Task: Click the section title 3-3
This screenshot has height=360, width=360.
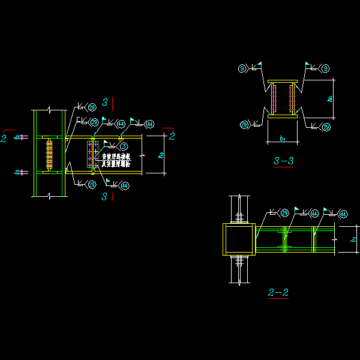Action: (x=283, y=161)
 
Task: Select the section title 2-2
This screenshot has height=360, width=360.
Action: (x=278, y=293)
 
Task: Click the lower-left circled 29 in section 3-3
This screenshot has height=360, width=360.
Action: (x=244, y=125)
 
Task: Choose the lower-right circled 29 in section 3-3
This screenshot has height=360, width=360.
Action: (x=326, y=127)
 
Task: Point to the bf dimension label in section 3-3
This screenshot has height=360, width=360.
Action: (x=282, y=139)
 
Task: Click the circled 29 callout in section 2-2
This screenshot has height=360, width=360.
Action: (x=284, y=213)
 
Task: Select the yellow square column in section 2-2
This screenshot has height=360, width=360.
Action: (x=239, y=239)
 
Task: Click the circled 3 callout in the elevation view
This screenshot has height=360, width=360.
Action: (x=122, y=146)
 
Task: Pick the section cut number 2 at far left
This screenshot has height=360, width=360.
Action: (x=4, y=139)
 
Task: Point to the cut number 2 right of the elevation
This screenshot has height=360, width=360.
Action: (x=172, y=136)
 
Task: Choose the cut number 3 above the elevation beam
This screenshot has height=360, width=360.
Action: (x=104, y=102)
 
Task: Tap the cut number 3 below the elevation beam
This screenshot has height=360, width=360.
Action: (x=104, y=196)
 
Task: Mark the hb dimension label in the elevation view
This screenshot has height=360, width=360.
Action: (x=160, y=156)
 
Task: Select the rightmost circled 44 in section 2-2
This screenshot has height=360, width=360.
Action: (x=343, y=214)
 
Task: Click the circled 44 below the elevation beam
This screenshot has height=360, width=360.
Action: (x=125, y=186)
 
